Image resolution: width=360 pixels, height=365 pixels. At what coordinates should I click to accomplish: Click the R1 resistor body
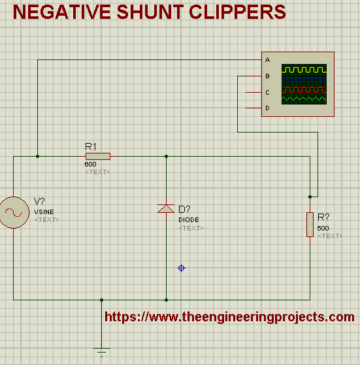pos(98,157)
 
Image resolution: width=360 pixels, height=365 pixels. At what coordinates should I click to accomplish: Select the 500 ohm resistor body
pos(310,225)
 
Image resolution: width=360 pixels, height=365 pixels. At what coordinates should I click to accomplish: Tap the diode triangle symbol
pos(166,208)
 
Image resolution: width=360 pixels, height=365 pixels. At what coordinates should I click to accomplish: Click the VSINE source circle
pos(14,212)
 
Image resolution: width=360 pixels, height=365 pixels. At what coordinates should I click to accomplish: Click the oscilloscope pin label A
pos(268,60)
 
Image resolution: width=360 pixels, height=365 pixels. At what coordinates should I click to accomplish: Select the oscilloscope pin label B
pos(268,76)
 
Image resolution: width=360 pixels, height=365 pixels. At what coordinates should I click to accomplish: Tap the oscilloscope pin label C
pos(268,93)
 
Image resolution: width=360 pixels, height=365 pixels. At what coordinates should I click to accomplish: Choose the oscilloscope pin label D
pos(268,108)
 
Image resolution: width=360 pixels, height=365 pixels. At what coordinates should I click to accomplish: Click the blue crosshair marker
pos(182,268)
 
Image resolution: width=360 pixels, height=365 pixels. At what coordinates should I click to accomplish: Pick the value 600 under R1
pos(90,165)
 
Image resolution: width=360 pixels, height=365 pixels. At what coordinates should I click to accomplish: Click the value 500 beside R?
pos(323,228)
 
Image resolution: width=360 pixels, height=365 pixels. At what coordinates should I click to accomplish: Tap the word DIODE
pos(189,220)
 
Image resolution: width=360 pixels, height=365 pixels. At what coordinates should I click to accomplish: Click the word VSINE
pos(44,212)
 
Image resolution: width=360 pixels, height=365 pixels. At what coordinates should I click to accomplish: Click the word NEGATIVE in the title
pos(61,12)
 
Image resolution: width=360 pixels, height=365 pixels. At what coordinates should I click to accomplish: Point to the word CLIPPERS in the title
pos(237,12)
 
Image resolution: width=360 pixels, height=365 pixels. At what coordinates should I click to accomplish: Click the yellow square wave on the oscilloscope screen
pos(304,70)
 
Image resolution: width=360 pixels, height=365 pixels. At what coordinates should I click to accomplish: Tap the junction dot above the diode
pos(166,157)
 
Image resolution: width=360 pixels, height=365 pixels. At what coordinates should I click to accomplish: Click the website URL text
pos(229,317)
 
